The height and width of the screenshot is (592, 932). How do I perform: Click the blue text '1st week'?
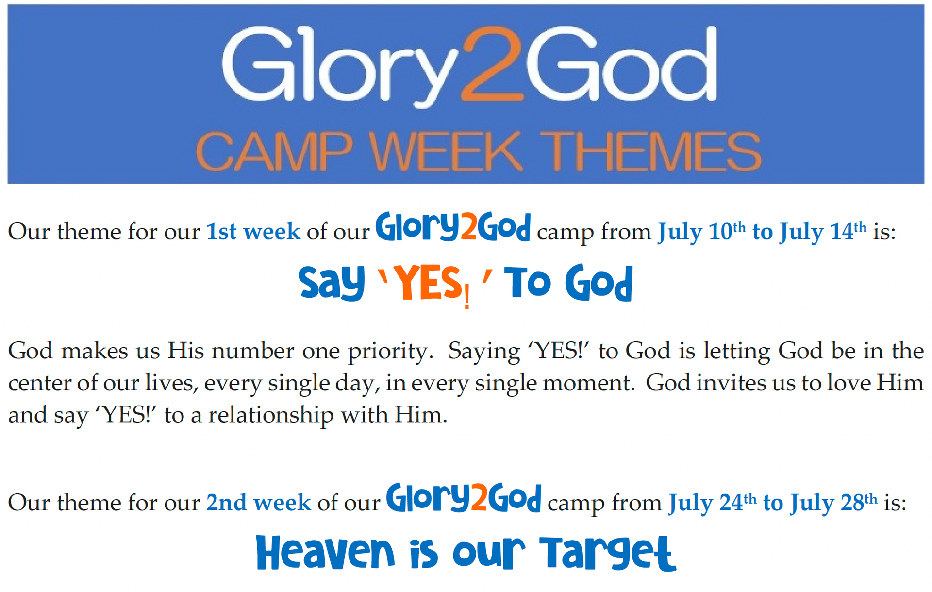(x=253, y=231)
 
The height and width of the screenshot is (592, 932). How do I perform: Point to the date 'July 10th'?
(x=702, y=232)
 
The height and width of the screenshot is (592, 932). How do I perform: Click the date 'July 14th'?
(x=823, y=232)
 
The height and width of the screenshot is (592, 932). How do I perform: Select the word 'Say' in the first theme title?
(x=332, y=283)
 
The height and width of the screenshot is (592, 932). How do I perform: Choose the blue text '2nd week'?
(x=258, y=502)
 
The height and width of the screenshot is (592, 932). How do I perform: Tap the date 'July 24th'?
(x=713, y=503)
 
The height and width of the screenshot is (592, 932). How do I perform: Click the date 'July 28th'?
(x=833, y=503)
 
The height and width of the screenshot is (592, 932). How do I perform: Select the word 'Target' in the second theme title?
(x=608, y=554)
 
